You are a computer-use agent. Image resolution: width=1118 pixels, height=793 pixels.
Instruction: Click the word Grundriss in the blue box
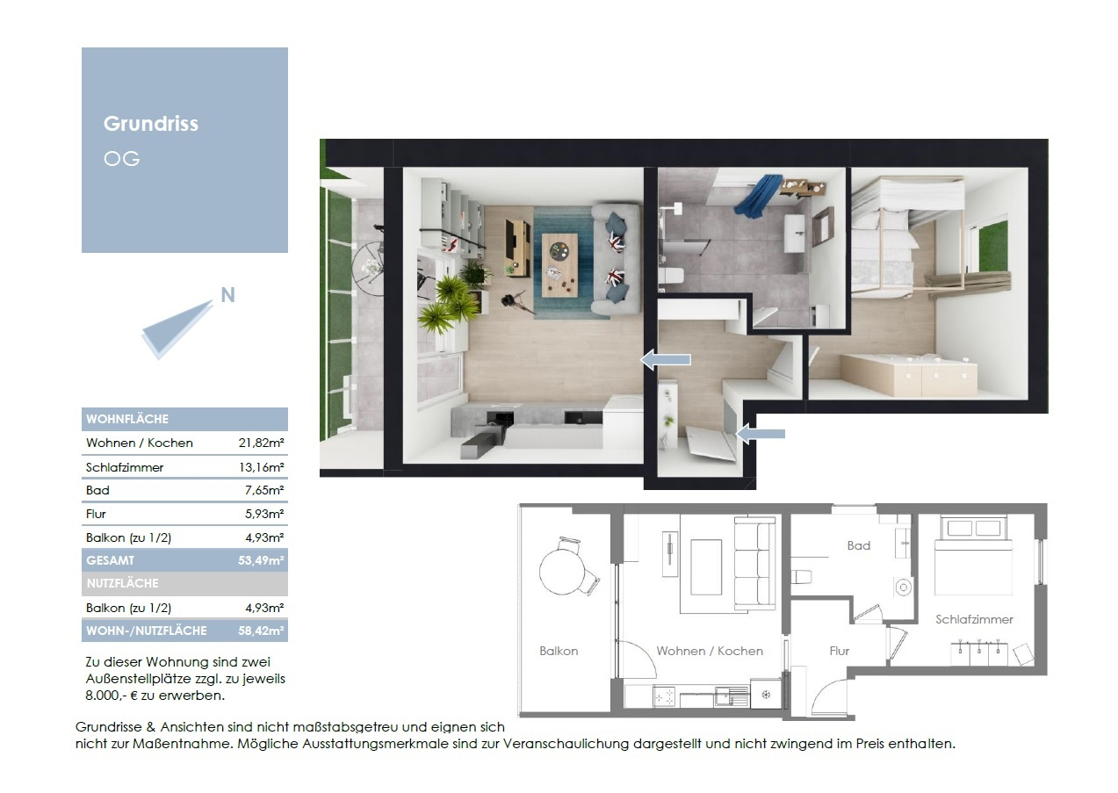[x=151, y=125]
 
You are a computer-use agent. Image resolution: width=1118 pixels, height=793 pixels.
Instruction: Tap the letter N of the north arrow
[x=227, y=295]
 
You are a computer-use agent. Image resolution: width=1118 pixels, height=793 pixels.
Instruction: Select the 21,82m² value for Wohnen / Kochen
[x=261, y=443]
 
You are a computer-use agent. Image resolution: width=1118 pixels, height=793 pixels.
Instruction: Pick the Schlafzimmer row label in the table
[x=125, y=467]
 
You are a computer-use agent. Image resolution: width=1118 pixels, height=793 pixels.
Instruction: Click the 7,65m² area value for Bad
[x=264, y=490]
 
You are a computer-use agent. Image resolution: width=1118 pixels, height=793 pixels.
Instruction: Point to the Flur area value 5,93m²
[x=264, y=514]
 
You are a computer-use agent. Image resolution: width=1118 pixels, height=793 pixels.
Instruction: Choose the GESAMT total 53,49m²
[x=261, y=560]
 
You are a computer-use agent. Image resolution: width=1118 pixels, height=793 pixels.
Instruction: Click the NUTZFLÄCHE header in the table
[x=122, y=583]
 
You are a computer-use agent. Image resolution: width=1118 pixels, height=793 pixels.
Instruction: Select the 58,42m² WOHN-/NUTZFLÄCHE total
[x=261, y=631]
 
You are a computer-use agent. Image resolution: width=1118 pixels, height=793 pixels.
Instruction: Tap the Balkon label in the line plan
[x=559, y=651]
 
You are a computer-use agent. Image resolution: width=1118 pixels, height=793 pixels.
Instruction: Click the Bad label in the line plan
[x=858, y=545]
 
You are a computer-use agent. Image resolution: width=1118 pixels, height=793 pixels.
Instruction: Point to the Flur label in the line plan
[x=839, y=651]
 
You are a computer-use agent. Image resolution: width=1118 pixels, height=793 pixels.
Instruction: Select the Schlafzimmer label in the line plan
[x=974, y=619]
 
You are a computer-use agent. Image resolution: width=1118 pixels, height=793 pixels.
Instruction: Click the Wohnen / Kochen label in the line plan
[x=710, y=651]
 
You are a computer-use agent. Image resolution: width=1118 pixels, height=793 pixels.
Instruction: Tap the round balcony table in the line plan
[x=562, y=572]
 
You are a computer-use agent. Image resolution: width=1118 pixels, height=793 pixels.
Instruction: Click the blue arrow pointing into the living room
[x=666, y=359]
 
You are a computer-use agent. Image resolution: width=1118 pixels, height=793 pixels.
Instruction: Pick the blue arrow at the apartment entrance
[x=761, y=434]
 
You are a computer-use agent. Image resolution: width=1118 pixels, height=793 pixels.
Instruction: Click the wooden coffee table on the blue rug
[x=559, y=265]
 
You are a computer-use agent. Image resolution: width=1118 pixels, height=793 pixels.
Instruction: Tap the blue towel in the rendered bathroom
[x=758, y=197]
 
